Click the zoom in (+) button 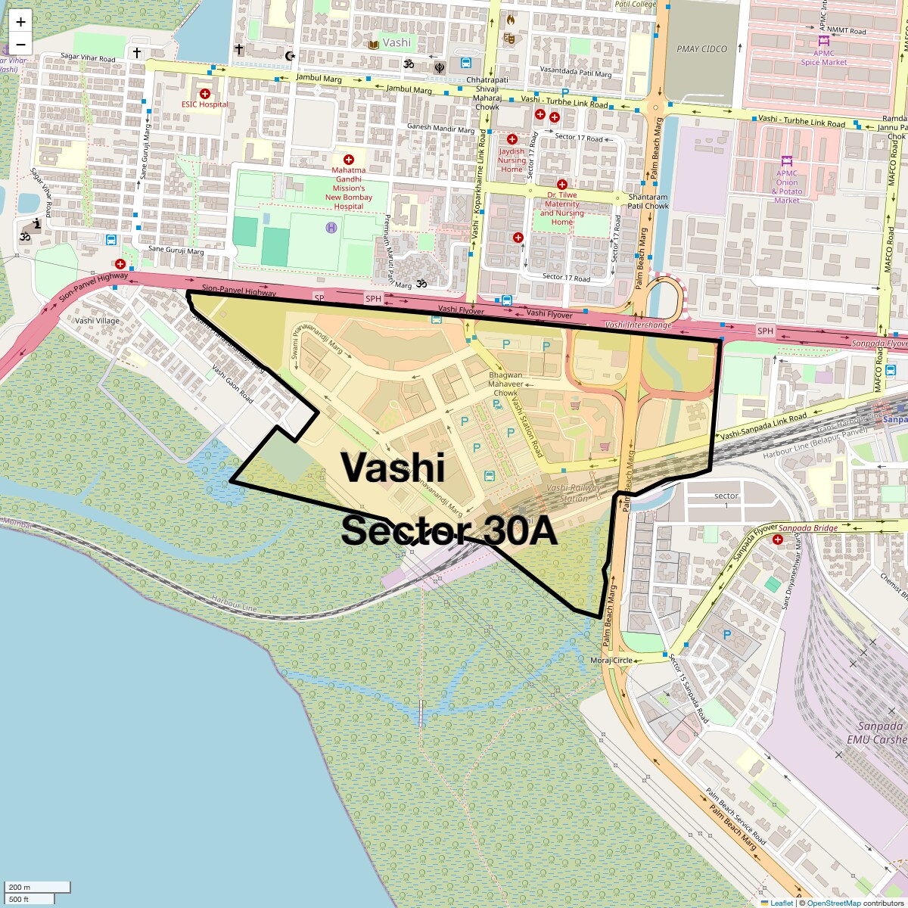tap(20, 22)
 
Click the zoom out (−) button tap(20, 43)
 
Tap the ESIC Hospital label tap(204, 104)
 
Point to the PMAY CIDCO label tap(701, 49)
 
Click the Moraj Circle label tap(611, 661)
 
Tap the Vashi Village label tap(97, 321)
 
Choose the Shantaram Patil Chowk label tap(648, 201)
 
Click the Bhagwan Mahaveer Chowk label tap(505, 384)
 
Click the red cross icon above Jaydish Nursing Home tap(512, 139)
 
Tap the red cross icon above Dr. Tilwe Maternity tap(561, 185)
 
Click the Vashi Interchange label tap(639, 325)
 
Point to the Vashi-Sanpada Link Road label tap(763, 427)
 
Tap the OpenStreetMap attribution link tap(833, 903)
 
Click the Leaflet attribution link tap(781, 903)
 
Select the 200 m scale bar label tap(20, 887)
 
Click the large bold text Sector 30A tap(449, 531)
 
